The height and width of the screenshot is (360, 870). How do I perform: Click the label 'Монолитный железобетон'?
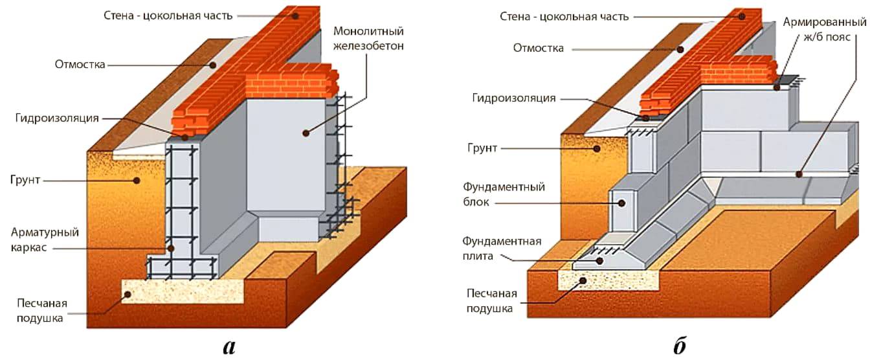pos(369,38)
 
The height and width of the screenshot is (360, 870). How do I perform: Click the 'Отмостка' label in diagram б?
pos(539,48)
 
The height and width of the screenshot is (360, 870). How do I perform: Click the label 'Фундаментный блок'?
pos(504,195)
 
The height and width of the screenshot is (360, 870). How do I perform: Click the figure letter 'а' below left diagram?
pos(229,346)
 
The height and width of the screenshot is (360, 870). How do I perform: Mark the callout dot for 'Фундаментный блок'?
pos(621,203)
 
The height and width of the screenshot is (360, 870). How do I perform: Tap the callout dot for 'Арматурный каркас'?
pos(170,247)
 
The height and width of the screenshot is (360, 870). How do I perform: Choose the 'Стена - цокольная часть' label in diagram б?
pos(564,16)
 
